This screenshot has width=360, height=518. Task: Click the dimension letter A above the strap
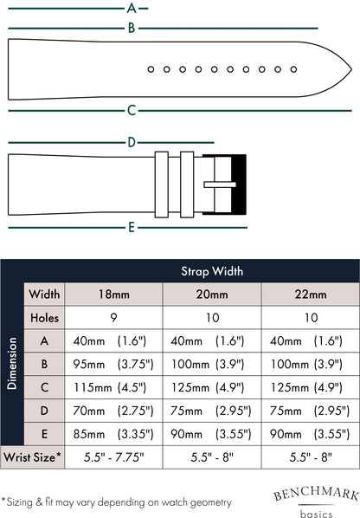132,8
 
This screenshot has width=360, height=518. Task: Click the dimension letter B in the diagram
132,28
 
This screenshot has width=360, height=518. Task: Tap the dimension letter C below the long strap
132,110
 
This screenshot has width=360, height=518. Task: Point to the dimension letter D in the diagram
132,142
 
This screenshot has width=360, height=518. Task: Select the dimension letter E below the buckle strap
132,227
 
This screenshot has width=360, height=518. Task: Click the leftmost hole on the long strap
151,69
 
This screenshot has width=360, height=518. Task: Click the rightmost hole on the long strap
293,69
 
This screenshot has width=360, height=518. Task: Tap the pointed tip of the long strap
351,69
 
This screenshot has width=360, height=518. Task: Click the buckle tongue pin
220,185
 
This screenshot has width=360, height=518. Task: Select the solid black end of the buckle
239,185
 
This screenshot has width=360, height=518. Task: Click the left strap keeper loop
162,185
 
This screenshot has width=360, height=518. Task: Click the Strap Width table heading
212,271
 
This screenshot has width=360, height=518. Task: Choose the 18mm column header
114,294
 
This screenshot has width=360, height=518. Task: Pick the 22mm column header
311,294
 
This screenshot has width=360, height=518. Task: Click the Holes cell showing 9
113,318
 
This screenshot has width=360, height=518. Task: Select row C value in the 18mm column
110,387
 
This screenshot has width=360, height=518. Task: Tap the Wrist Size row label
32,457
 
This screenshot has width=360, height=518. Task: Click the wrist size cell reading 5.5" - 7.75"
114,457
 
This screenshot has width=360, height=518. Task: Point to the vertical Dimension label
12,364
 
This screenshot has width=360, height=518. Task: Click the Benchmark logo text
316,494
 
